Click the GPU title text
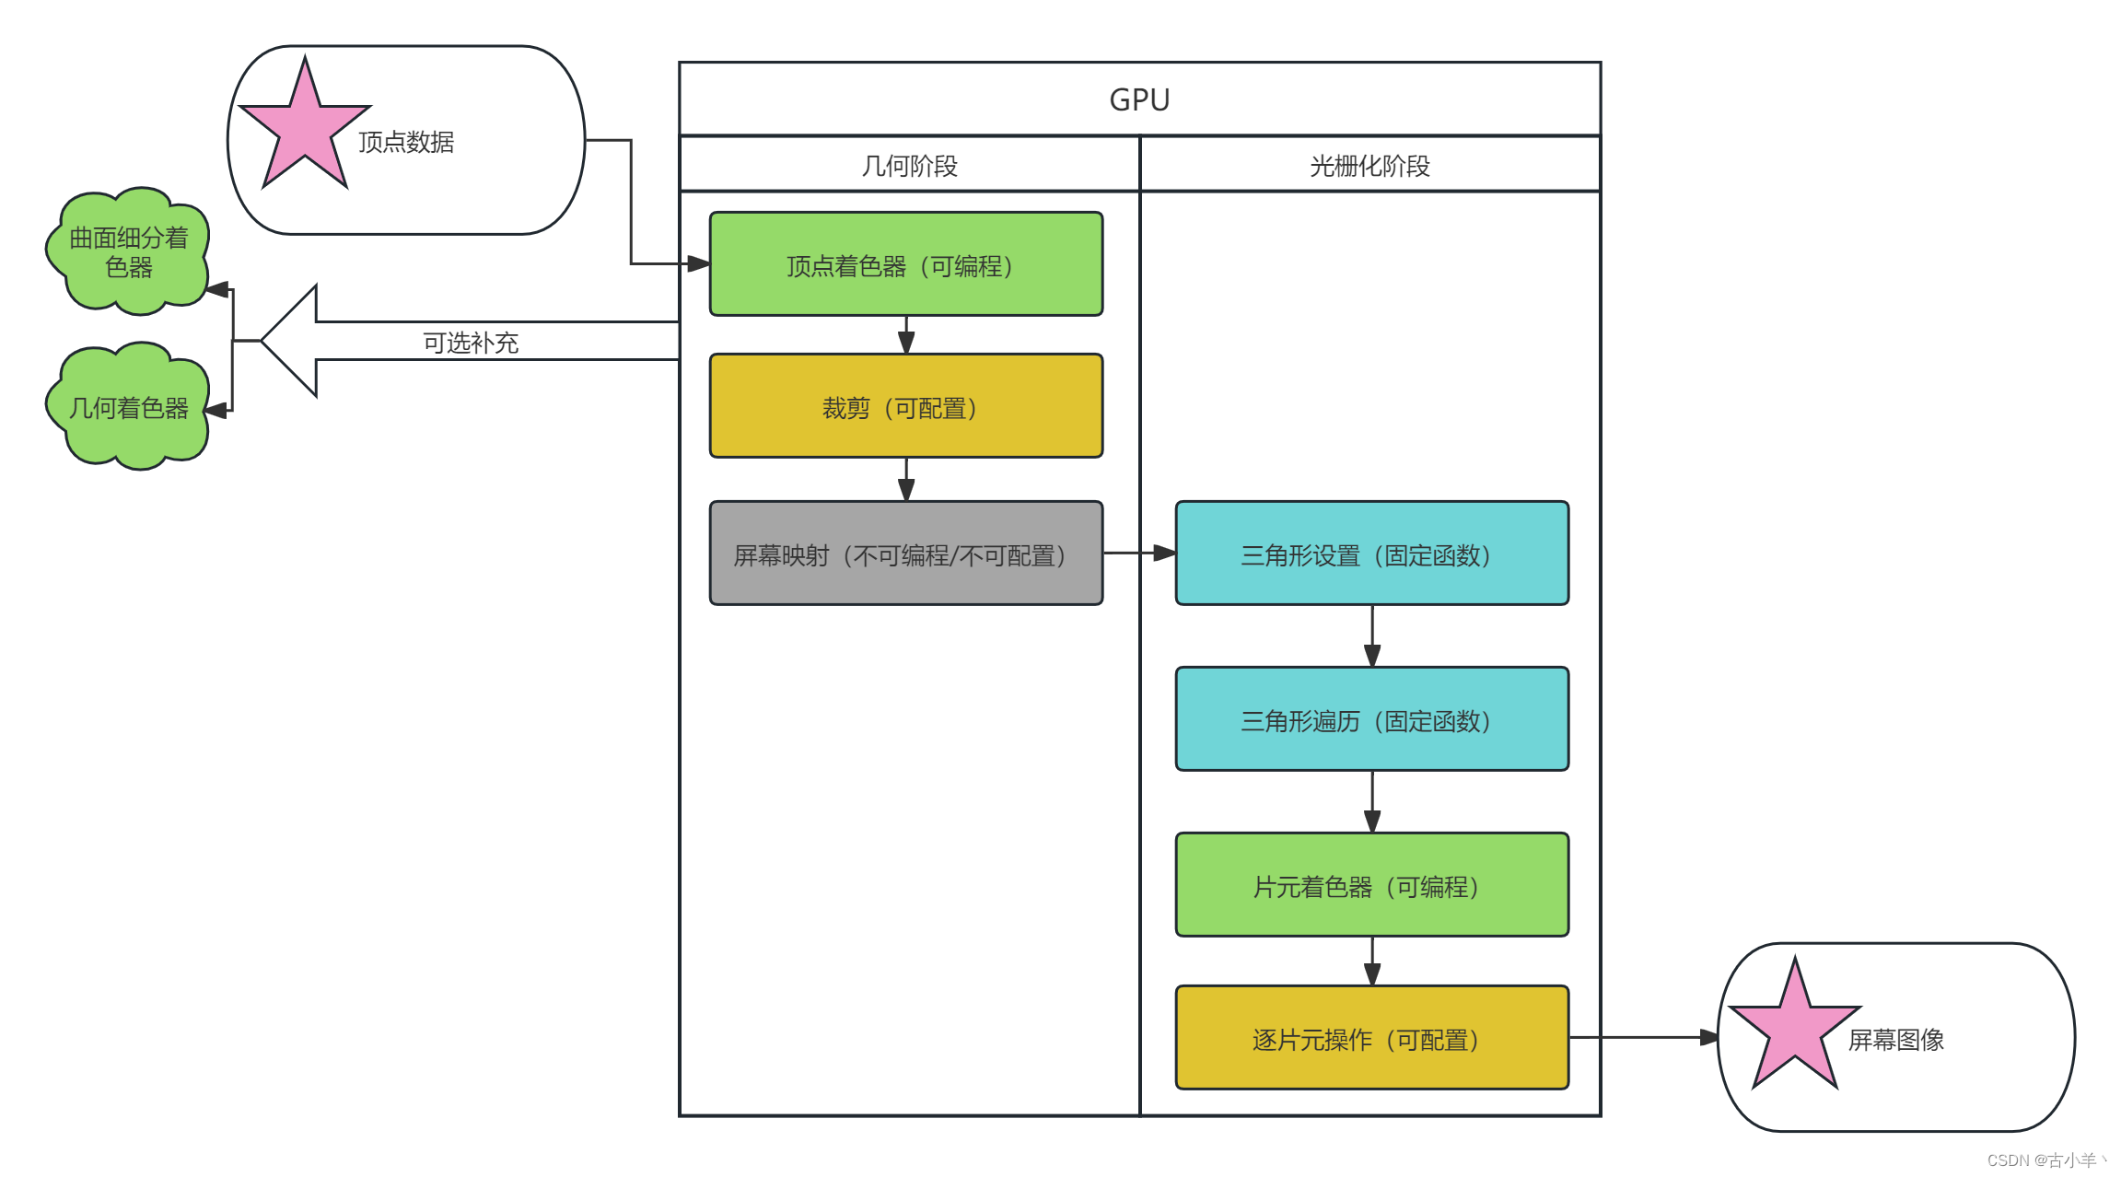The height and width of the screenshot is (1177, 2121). point(1139,99)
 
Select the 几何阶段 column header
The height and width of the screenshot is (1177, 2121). point(909,166)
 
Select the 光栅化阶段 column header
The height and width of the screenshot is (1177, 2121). point(1369,166)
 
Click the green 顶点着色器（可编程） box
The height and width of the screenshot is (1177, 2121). point(905,265)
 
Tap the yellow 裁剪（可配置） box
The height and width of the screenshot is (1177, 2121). point(905,407)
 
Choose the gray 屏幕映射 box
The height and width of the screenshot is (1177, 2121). point(905,554)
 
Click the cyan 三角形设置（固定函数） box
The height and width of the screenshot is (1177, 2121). point(1371,554)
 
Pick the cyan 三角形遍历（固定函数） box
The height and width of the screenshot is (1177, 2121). point(1371,719)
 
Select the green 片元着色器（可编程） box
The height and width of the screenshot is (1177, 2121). point(1371,885)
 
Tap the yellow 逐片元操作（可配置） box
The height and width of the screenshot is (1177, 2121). point(1371,1038)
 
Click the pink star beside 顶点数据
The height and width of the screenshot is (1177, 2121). point(304,129)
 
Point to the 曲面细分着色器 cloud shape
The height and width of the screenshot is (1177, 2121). point(128,251)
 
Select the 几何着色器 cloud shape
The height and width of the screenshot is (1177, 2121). point(128,407)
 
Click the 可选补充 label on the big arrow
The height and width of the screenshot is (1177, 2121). point(471,343)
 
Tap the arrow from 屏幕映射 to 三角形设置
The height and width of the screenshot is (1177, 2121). point(1139,553)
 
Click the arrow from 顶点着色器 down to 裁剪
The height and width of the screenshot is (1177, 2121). point(906,335)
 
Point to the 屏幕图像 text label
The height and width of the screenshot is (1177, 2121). point(1895,1040)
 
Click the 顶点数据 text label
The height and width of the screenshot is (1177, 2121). point(406,142)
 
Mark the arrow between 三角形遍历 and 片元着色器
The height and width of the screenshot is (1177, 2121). point(1372,801)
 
